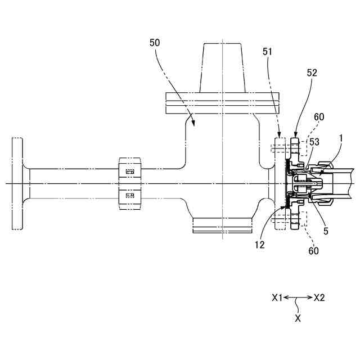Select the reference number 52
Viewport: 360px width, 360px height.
click(312, 73)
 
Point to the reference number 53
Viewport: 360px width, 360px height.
click(314, 142)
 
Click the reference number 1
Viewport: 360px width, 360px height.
click(340, 138)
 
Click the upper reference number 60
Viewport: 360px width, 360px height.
click(319, 116)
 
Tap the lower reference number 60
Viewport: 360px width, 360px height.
click(313, 250)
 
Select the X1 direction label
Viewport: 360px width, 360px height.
click(276, 298)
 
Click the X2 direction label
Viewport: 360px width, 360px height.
click(319, 298)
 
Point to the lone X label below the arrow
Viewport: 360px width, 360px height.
click(298, 318)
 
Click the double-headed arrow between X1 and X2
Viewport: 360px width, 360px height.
click(298, 298)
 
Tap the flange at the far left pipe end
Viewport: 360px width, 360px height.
click(17, 183)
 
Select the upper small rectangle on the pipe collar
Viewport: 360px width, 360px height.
click(130, 171)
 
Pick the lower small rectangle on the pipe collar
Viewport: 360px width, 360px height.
click(130, 196)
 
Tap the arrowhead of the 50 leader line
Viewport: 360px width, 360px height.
click(194, 123)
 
